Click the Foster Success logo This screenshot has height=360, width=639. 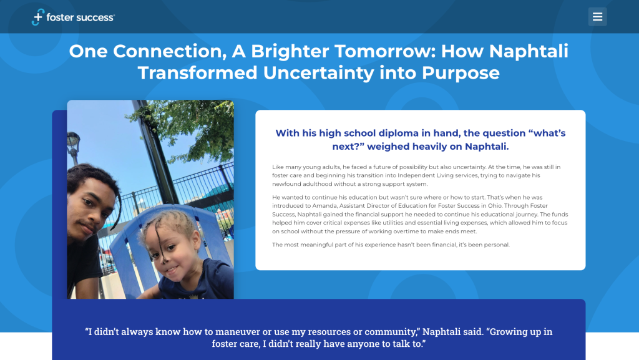(73, 17)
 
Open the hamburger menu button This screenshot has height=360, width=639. (597, 17)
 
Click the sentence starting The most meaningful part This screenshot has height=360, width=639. (391, 245)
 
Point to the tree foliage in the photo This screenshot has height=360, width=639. (187, 125)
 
